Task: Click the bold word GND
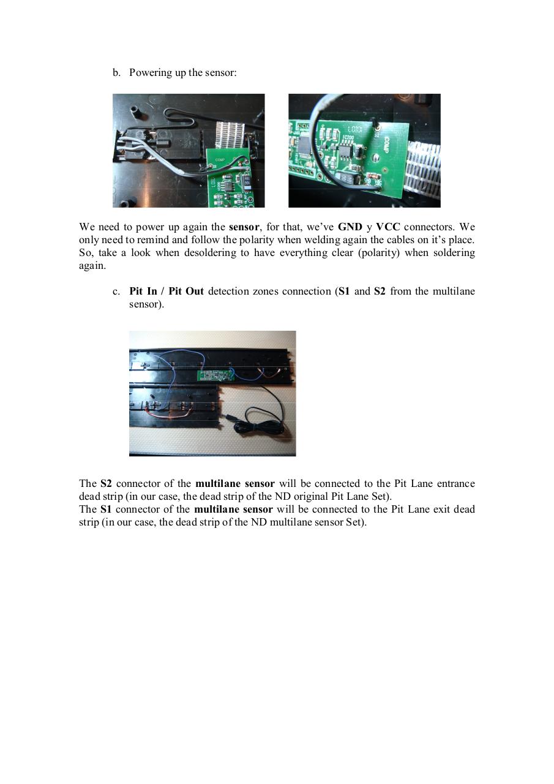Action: [350, 227]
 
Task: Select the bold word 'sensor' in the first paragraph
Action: [244, 227]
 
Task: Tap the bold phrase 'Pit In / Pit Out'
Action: [167, 291]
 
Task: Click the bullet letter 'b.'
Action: [116, 73]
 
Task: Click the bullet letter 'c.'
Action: [116, 291]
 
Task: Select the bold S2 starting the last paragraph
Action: [106, 483]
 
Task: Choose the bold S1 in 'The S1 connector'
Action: [106, 509]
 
